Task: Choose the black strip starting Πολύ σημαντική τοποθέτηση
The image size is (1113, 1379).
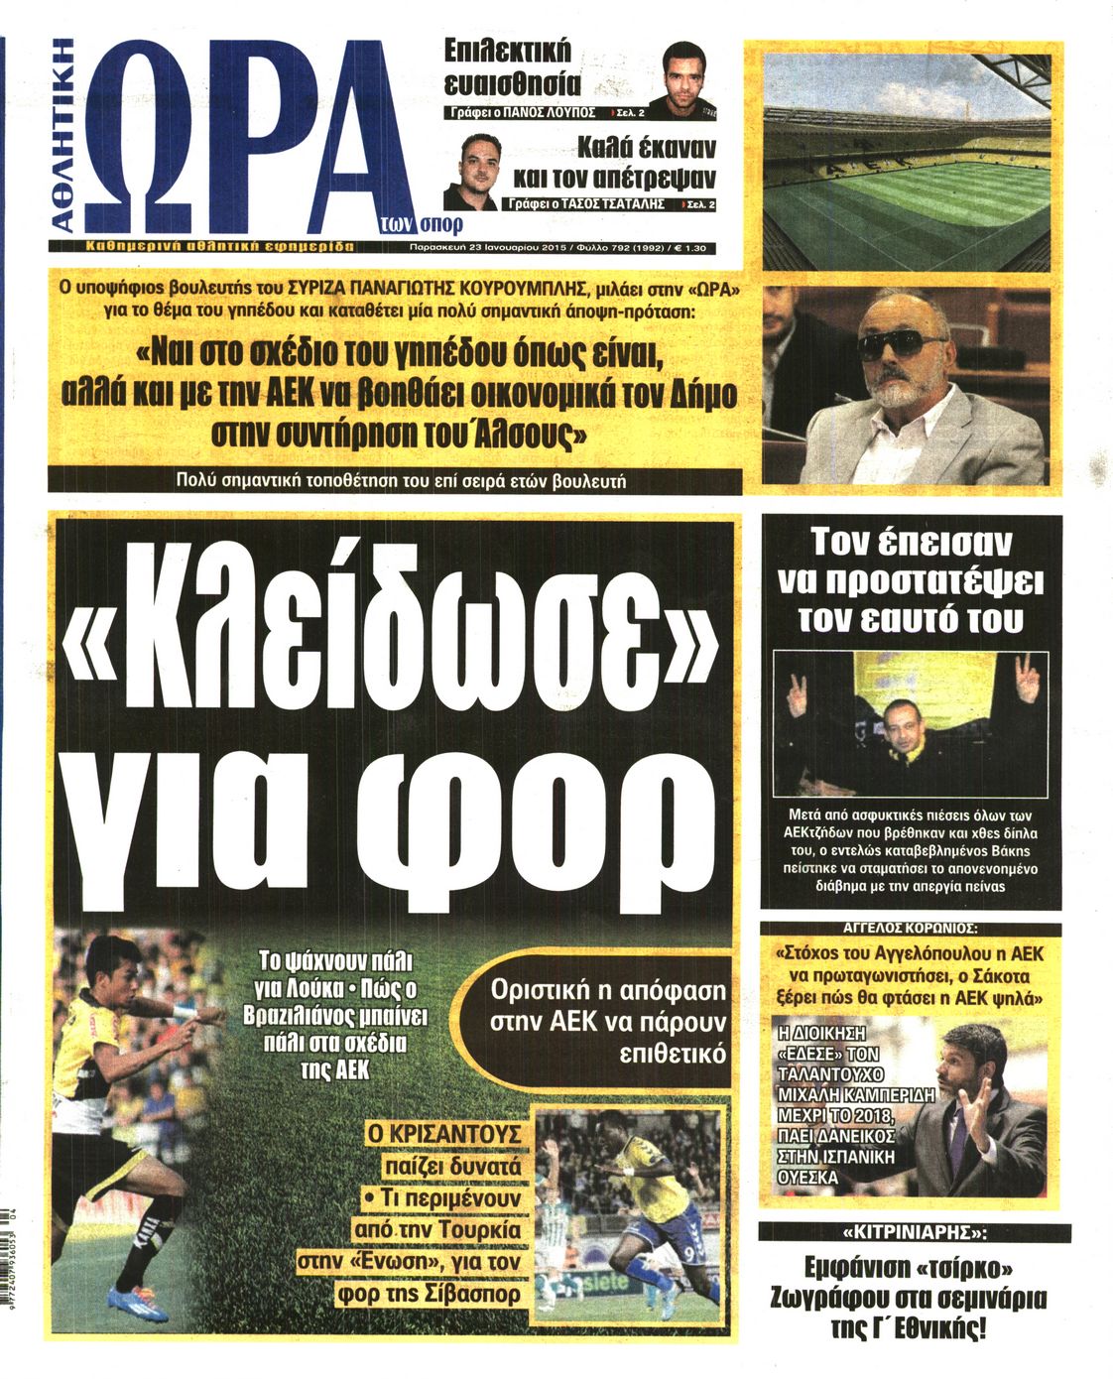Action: [x=395, y=481]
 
